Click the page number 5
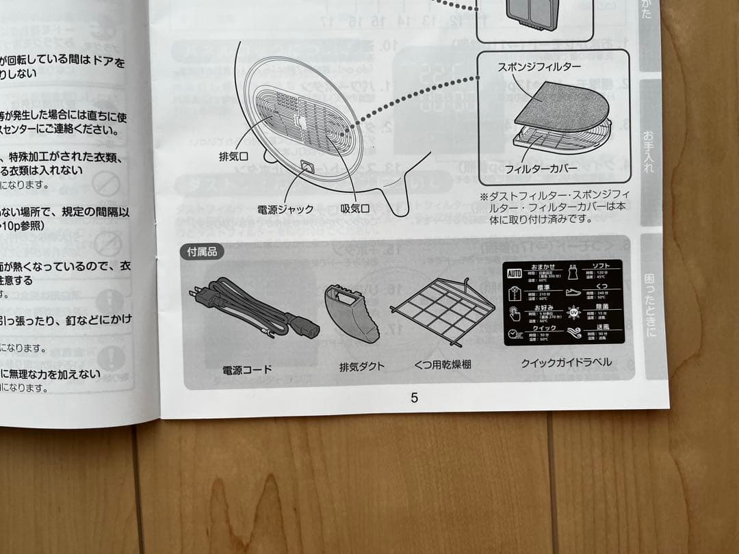pyautogui.click(x=414, y=398)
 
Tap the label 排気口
pyautogui.click(x=233, y=157)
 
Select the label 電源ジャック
pyautogui.click(x=285, y=209)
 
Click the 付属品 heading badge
pyautogui.click(x=202, y=252)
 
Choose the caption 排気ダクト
pyautogui.click(x=362, y=366)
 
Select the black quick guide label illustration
pyautogui.click(x=562, y=302)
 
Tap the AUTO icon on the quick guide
pyautogui.click(x=514, y=274)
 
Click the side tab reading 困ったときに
pyautogui.click(x=651, y=306)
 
